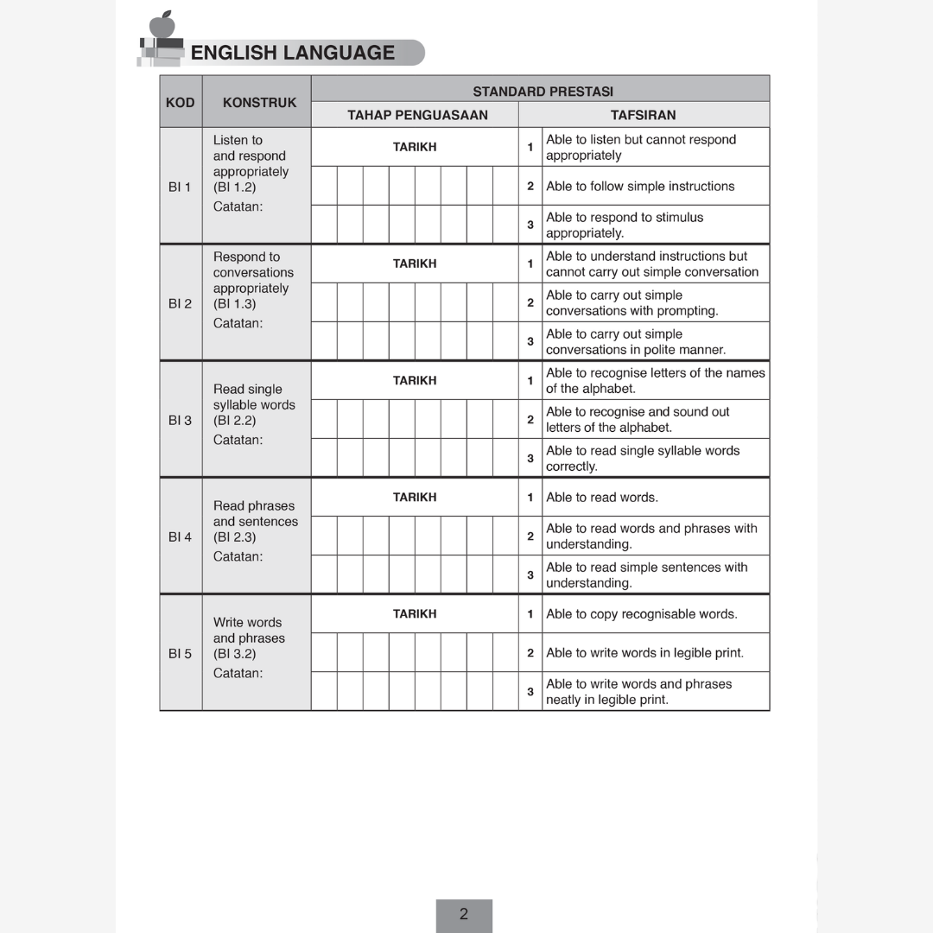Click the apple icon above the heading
pyautogui.click(x=162, y=24)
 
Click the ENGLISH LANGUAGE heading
pyautogui.click(x=292, y=53)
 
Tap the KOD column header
pyautogui.click(x=181, y=102)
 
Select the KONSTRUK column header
pyautogui.click(x=259, y=102)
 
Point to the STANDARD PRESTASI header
pyautogui.click(x=543, y=91)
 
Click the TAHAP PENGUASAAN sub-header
pyautogui.click(x=417, y=115)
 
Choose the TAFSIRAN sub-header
pyautogui.click(x=643, y=115)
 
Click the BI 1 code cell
pyautogui.click(x=181, y=187)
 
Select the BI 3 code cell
pyautogui.click(x=181, y=421)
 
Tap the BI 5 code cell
pyautogui.click(x=181, y=654)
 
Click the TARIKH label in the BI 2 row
pyautogui.click(x=415, y=263)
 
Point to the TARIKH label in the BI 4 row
pyautogui.click(x=415, y=497)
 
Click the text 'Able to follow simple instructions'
pyautogui.click(x=640, y=186)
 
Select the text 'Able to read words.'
pyautogui.click(x=601, y=497)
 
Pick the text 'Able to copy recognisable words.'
pyautogui.click(x=641, y=614)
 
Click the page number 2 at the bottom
pyautogui.click(x=464, y=914)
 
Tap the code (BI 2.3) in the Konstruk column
pyautogui.click(x=235, y=537)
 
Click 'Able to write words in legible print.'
pyautogui.click(x=644, y=653)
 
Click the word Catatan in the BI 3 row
pyautogui.click(x=238, y=440)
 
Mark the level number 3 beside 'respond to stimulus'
pyautogui.click(x=530, y=225)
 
